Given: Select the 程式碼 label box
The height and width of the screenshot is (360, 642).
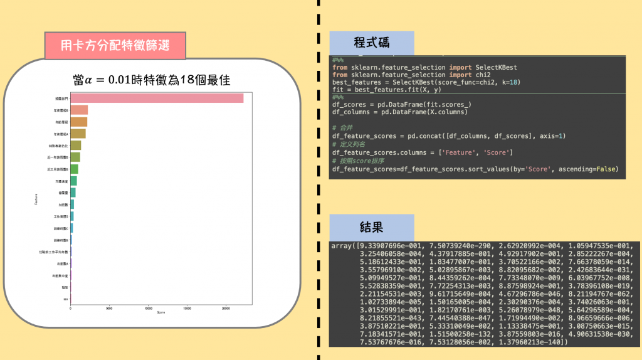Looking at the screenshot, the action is (371, 43).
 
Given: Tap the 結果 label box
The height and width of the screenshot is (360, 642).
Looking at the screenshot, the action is (371, 226).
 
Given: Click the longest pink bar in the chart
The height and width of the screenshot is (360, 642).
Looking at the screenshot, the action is (157, 98).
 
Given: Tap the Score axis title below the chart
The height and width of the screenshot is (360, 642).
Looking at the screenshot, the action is (162, 312).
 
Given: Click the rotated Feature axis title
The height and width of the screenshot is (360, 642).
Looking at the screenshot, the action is (36, 199).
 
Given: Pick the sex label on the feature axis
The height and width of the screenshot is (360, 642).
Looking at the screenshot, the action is (66, 299).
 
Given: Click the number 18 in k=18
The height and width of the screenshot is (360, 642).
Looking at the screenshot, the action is (515, 82).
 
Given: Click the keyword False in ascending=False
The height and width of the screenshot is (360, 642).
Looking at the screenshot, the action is (606, 169).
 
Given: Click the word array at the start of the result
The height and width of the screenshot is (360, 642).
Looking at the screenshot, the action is (342, 245).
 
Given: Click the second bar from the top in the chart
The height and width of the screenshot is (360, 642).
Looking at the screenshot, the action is (79, 110).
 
